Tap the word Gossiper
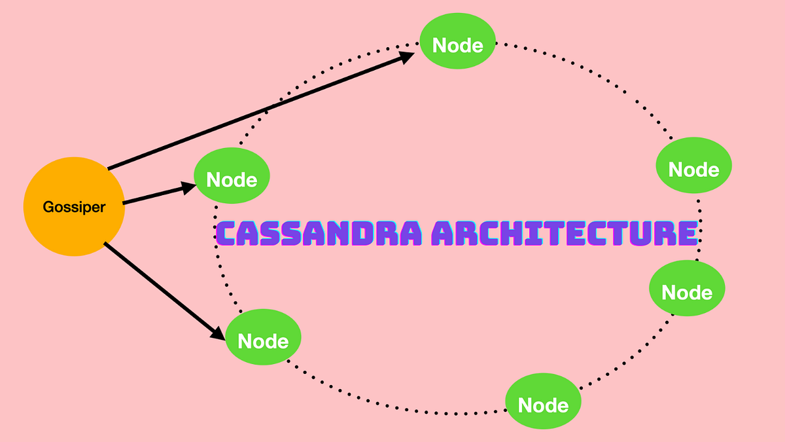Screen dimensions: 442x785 tap(74, 207)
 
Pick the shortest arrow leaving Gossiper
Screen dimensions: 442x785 tap(157, 195)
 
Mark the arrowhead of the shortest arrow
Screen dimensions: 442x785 tap(189, 187)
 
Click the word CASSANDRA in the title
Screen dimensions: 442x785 tap(314, 234)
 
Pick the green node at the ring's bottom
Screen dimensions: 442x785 tap(543, 401)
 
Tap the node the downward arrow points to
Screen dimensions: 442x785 tap(263, 338)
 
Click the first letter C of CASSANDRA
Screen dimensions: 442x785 tap(226, 234)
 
